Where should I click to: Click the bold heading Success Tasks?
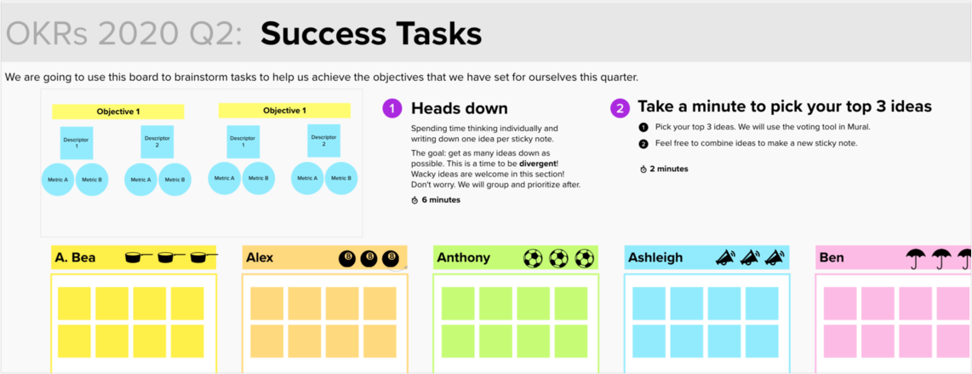click(x=371, y=34)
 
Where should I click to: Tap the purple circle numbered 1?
click(x=392, y=108)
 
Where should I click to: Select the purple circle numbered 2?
click(x=619, y=108)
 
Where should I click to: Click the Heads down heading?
click(x=460, y=108)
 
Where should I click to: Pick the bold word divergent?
click(x=538, y=163)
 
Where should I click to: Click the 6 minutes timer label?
click(x=441, y=199)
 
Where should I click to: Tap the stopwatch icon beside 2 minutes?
click(x=643, y=169)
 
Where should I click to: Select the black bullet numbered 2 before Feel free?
click(x=643, y=144)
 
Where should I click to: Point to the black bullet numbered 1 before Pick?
click(x=643, y=127)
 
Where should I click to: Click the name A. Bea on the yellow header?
click(x=75, y=257)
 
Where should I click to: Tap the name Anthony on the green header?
click(x=463, y=257)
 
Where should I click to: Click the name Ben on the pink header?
click(x=832, y=257)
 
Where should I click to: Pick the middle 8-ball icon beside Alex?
click(x=369, y=257)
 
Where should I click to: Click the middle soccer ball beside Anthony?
click(x=557, y=257)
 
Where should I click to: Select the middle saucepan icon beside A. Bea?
click(x=172, y=256)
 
